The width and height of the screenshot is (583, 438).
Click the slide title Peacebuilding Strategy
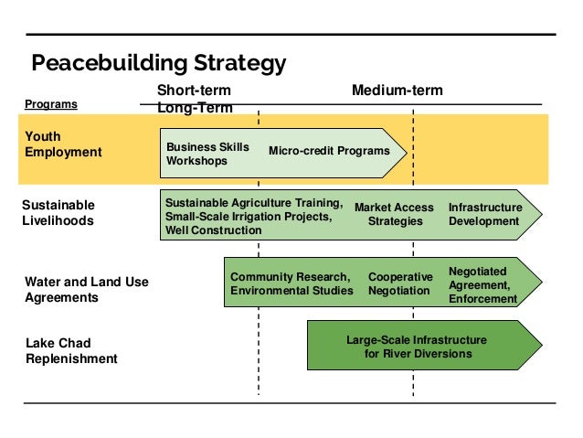(x=159, y=62)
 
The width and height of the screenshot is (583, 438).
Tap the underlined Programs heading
(x=51, y=105)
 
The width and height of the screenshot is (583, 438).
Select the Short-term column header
(x=194, y=91)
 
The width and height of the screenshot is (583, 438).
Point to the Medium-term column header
(x=397, y=91)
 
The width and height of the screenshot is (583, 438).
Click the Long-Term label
(x=195, y=108)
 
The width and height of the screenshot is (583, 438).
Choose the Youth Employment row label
(x=63, y=144)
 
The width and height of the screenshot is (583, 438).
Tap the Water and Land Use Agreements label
(x=87, y=289)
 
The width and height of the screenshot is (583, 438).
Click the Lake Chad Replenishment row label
(x=71, y=350)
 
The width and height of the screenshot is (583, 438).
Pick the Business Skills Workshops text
(x=207, y=154)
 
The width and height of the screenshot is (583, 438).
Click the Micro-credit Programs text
(x=329, y=151)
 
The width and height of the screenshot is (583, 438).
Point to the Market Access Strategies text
(x=394, y=214)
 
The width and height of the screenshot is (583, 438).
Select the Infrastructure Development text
(x=485, y=214)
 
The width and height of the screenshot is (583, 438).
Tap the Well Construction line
(x=213, y=230)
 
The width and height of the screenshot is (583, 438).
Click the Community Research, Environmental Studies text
(x=291, y=283)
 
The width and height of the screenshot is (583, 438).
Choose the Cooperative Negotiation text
(x=399, y=283)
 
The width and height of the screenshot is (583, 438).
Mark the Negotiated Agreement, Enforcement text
(x=482, y=284)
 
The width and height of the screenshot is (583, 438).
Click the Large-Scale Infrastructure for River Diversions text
(x=417, y=347)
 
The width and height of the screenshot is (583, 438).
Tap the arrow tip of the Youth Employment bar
(x=403, y=151)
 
